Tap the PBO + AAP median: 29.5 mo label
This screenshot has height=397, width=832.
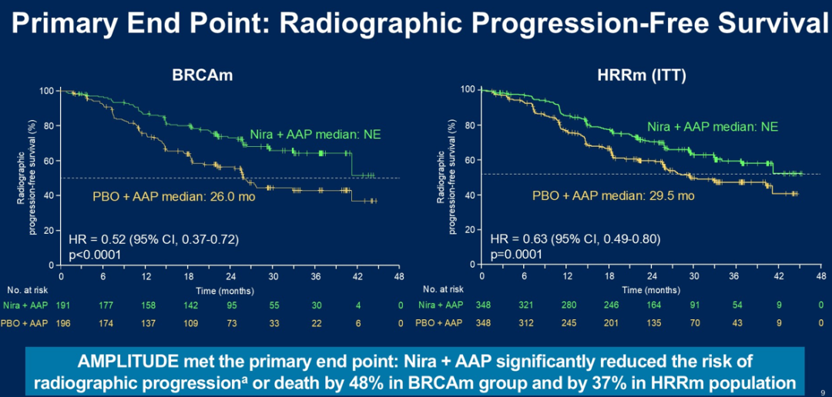[x=613, y=195]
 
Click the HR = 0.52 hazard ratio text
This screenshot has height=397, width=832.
[x=154, y=239]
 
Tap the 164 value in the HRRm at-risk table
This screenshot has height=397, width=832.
[x=652, y=305]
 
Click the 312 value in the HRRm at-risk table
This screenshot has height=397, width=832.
[x=524, y=323]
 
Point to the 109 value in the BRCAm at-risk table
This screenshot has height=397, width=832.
[x=187, y=323]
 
